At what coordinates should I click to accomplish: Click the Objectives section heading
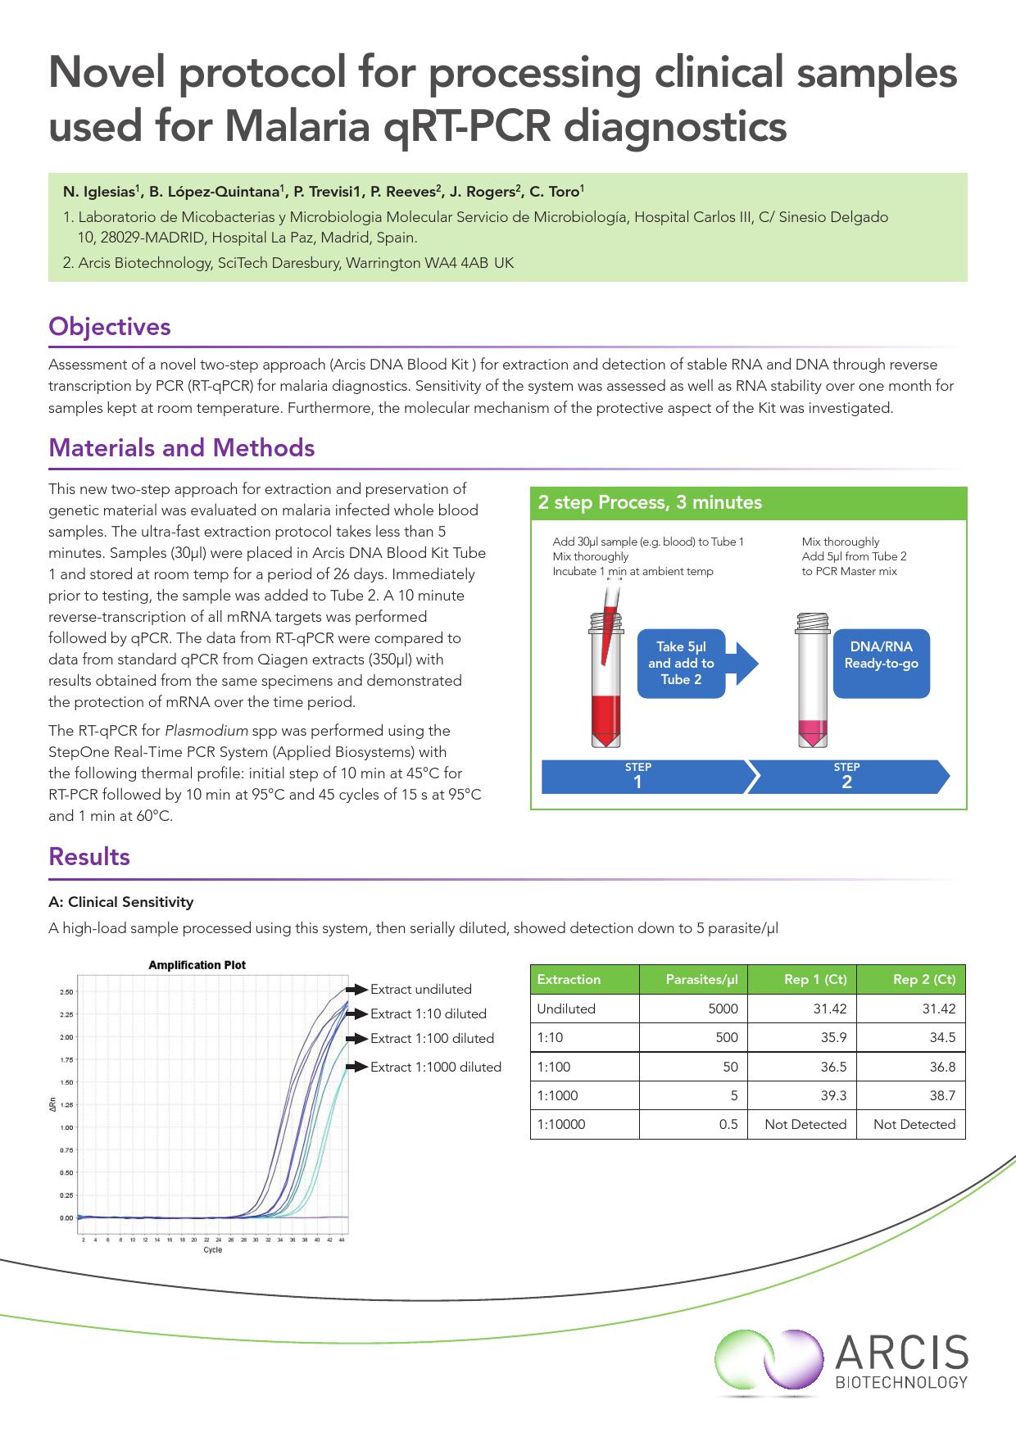point(110,327)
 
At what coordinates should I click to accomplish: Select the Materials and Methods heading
point(181,448)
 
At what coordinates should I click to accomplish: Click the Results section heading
point(89,857)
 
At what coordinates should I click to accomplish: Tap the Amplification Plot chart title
point(197,965)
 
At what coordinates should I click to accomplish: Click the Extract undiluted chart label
point(420,990)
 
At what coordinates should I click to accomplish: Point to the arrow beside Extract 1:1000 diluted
point(356,1067)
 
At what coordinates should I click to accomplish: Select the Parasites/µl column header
point(701,980)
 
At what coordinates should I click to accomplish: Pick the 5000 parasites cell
point(723,1009)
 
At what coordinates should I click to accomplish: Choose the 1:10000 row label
point(561,1125)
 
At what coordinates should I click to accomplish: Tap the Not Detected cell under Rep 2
point(914,1125)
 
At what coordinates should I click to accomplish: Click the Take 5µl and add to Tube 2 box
point(681,664)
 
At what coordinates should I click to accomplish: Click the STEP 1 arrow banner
point(639,777)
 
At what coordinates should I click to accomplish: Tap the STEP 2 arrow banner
point(847,777)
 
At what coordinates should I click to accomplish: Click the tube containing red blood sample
point(606,688)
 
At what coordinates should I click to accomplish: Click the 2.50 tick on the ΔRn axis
point(66,992)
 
